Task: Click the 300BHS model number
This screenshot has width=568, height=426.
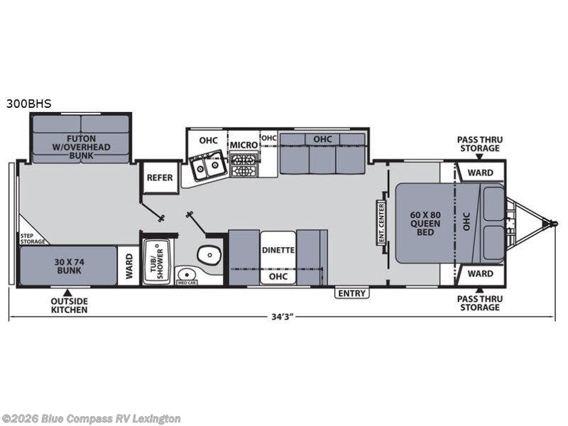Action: click(29, 103)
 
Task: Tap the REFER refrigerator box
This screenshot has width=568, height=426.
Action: click(160, 178)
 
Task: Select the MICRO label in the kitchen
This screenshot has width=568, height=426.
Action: click(243, 145)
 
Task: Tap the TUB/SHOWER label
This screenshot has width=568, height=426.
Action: click(155, 262)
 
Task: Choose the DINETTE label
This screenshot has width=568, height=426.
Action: click(277, 249)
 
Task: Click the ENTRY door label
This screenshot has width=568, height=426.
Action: click(351, 293)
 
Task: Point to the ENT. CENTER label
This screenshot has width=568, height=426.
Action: click(381, 222)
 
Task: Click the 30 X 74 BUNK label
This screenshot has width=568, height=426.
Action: click(69, 266)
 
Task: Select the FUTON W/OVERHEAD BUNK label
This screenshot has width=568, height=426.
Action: click(82, 144)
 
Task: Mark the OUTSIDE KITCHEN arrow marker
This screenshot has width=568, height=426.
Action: click(68, 292)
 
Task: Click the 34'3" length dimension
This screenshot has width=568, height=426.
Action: click(282, 316)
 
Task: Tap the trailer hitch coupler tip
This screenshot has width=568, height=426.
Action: click(554, 224)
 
